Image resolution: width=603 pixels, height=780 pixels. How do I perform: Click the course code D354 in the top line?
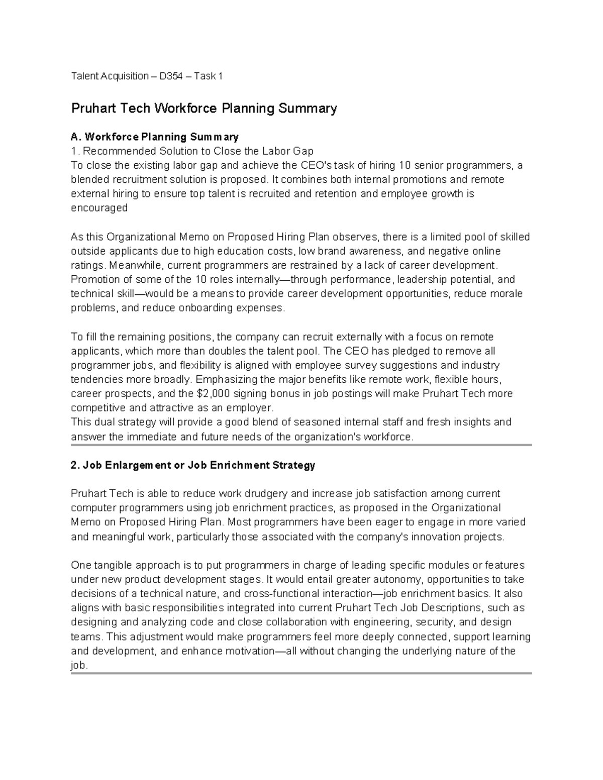coord(170,76)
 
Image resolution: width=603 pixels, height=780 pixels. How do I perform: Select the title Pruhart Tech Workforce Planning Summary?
coord(204,108)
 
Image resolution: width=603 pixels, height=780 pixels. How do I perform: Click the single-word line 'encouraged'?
coord(99,208)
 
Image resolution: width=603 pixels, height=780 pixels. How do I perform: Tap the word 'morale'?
coord(506,293)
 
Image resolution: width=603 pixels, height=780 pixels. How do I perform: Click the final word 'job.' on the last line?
coord(79,665)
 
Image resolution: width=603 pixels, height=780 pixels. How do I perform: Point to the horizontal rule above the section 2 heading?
coord(301,445)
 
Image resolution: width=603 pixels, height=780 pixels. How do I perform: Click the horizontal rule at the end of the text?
coord(301,674)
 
